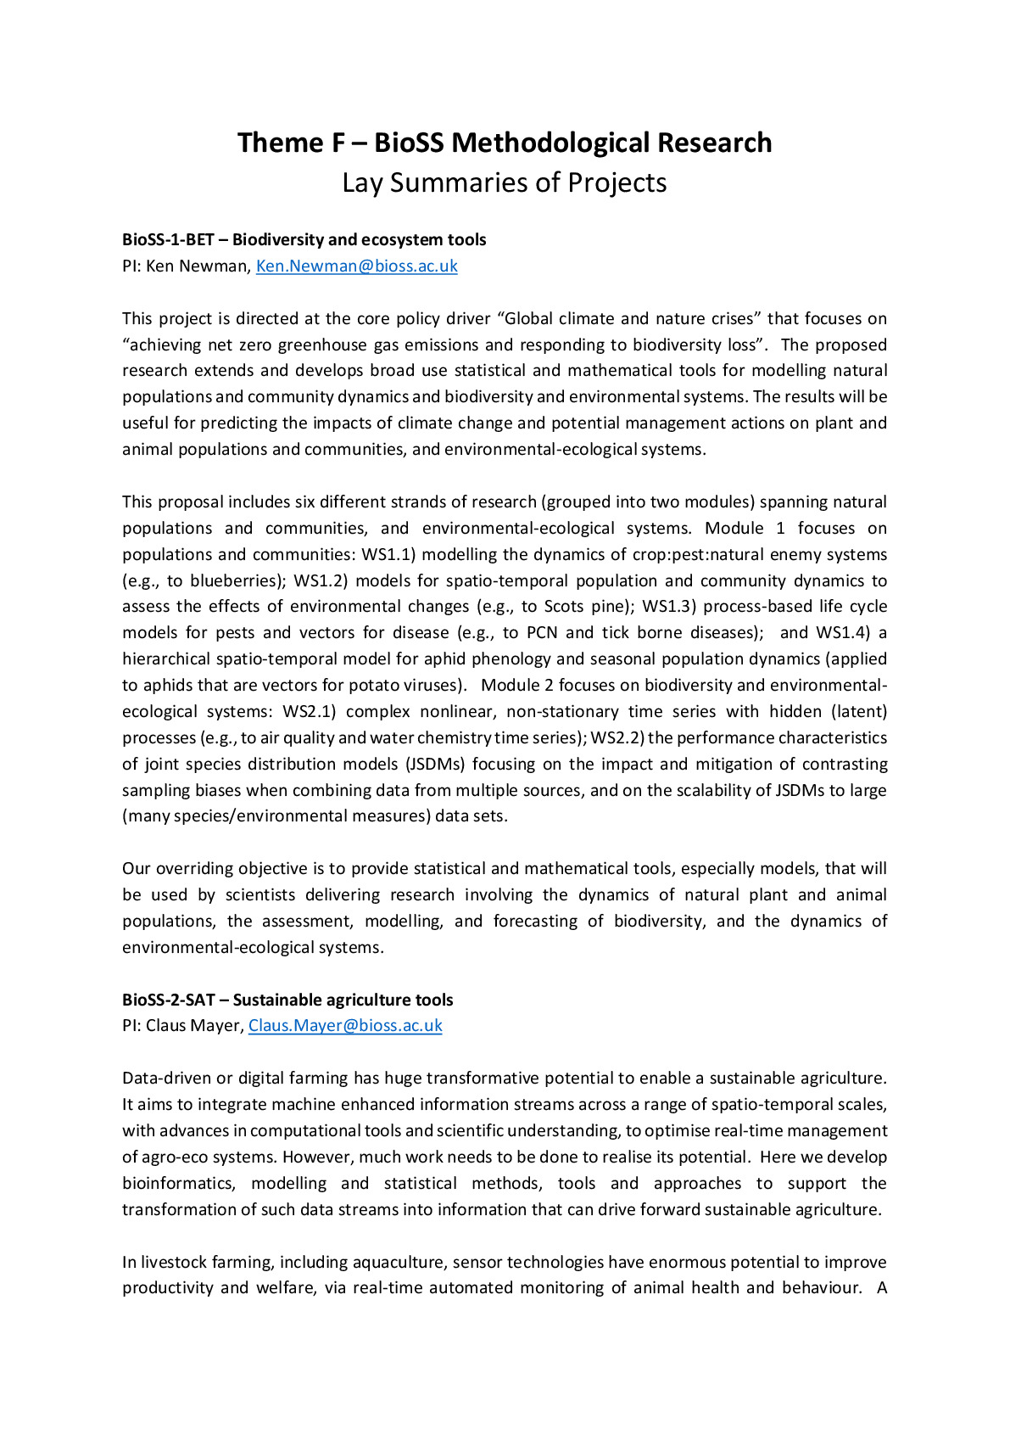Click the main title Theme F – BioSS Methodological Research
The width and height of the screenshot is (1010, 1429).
pos(505,143)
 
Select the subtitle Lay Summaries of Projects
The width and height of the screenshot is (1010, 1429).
pos(505,183)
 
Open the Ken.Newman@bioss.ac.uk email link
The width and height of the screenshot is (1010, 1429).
pos(356,266)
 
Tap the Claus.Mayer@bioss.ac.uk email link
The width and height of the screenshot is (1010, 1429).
pos(345,1025)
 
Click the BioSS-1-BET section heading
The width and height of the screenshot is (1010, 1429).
pos(304,239)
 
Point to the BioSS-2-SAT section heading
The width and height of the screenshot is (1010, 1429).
pos(287,1000)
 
